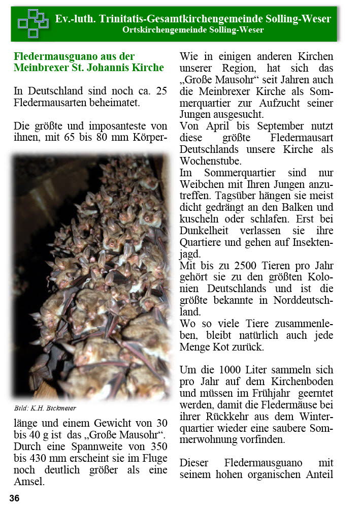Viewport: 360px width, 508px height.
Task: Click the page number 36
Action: click(14, 498)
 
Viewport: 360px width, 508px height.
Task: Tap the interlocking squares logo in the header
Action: click(32, 23)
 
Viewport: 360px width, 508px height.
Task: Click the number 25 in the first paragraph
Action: click(160, 91)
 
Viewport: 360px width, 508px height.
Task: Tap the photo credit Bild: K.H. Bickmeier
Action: click(45, 408)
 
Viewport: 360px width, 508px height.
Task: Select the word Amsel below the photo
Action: click(29, 482)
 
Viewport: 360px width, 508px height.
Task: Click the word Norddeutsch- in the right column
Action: click(297, 300)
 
